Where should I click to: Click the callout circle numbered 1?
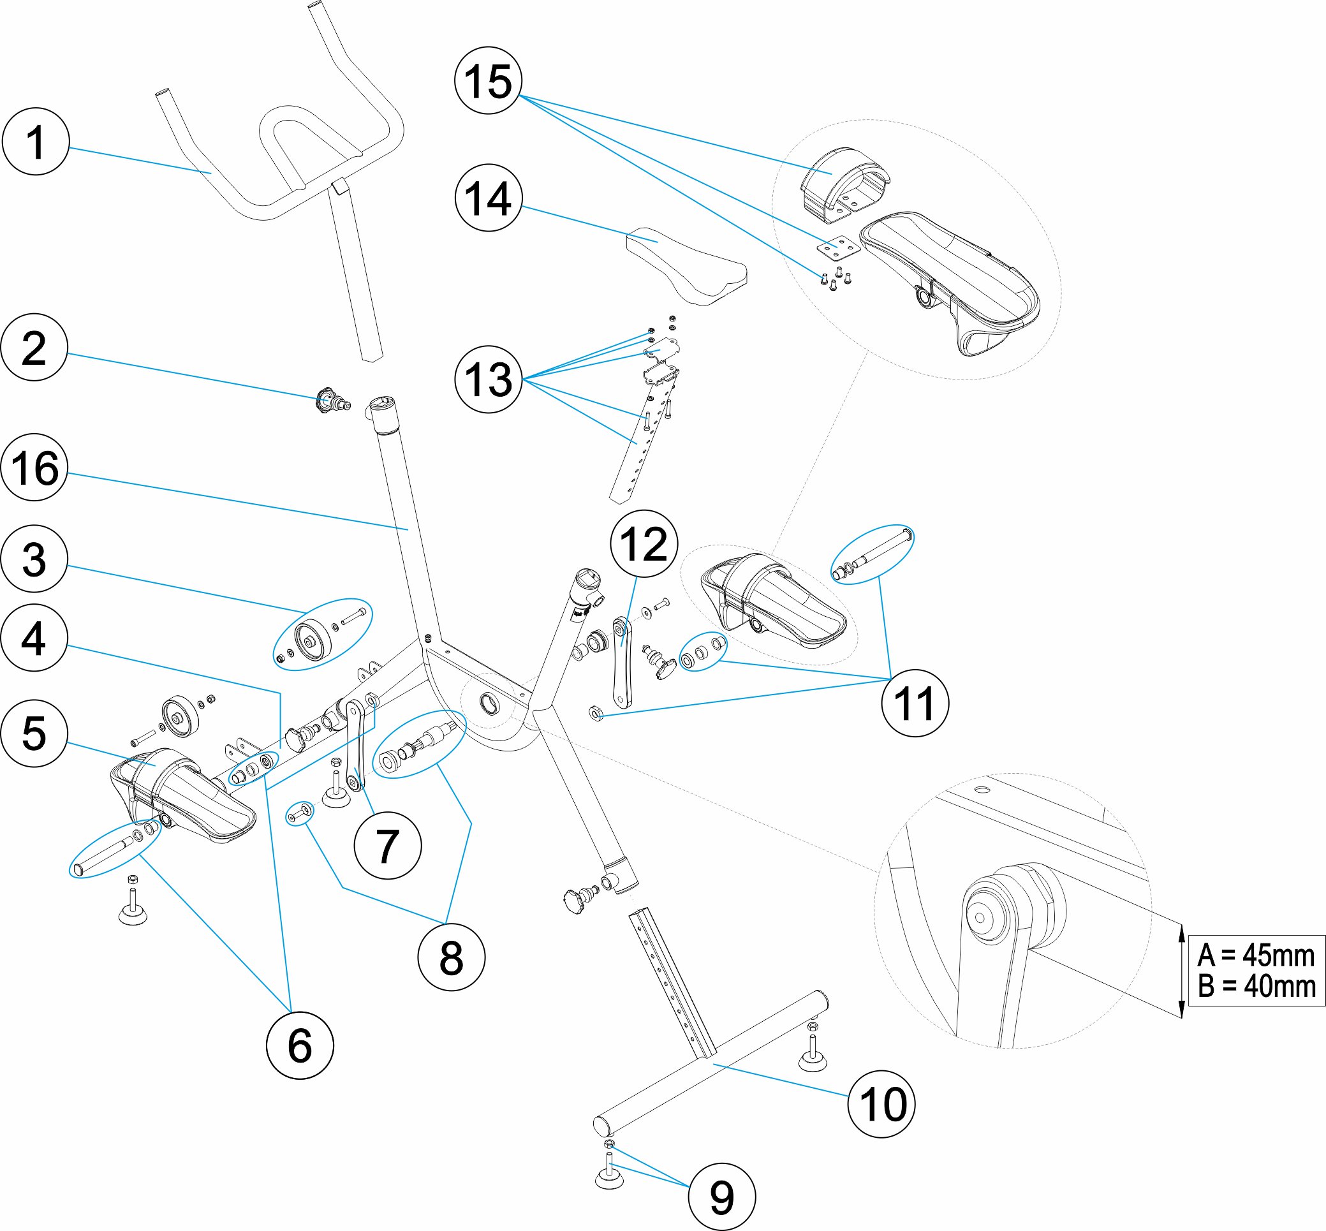(x=36, y=141)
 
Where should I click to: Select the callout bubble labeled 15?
(x=488, y=80)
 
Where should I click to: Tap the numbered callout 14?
(x=488, y=198)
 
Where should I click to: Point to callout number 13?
(x=488, y=379)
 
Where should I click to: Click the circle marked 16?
(x=34, y=468)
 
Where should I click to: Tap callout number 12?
(x=644, y=543)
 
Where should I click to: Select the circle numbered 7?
(x=388, y=846)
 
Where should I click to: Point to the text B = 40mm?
(x=1255, y=987)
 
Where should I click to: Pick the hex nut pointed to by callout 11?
(x=596, y=714)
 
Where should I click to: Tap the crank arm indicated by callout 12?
(x=621, y=662)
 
